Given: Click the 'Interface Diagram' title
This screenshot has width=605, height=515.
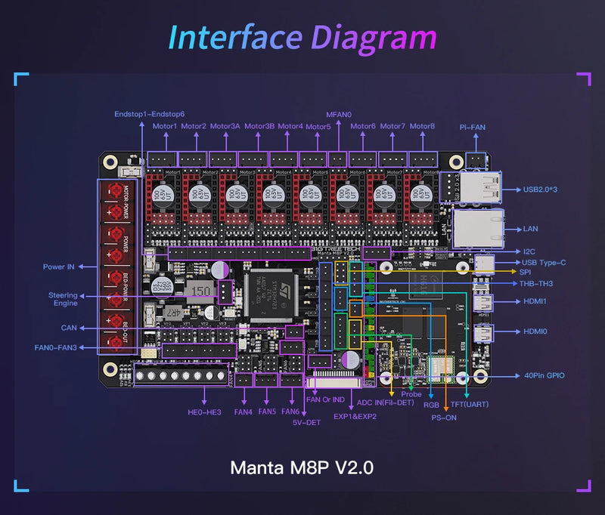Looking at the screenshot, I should point(302,38).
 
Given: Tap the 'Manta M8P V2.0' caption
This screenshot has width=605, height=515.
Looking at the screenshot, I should point(302,467).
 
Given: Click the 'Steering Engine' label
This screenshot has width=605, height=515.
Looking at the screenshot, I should point(63,299).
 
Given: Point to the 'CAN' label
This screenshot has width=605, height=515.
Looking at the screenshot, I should point(68,328).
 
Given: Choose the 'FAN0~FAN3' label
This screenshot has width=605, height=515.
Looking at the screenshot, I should point(56,348).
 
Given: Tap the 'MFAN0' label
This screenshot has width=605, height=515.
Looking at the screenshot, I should point(339,115).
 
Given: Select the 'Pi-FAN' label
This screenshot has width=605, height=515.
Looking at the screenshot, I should point(473,127).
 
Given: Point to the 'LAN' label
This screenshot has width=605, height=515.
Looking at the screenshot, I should point(531,228).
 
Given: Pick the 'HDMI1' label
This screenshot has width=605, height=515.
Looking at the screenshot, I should point(535,301).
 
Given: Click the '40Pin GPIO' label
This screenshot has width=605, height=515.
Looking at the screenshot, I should point(544,375).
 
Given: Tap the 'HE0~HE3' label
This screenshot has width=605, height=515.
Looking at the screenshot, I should point(204,412).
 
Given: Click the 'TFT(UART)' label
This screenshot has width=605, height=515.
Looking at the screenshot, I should point(470,404).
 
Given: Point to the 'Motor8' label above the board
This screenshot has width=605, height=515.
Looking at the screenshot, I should point(423,126).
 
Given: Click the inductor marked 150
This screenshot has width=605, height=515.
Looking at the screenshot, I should point(200,291).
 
